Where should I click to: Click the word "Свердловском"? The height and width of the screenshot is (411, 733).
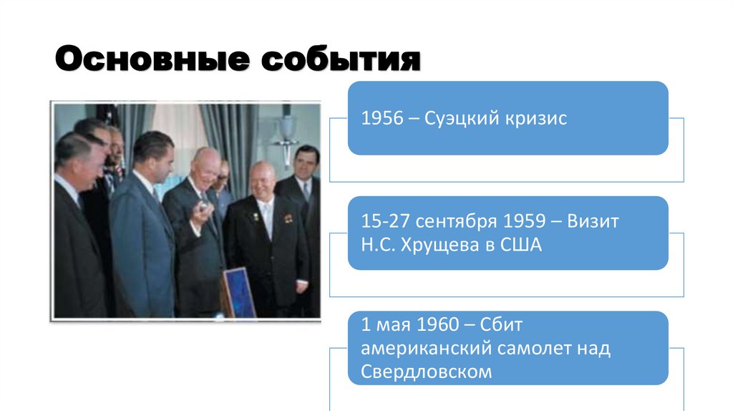[427, 372]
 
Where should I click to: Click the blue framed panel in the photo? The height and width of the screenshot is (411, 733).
[238, 292]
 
